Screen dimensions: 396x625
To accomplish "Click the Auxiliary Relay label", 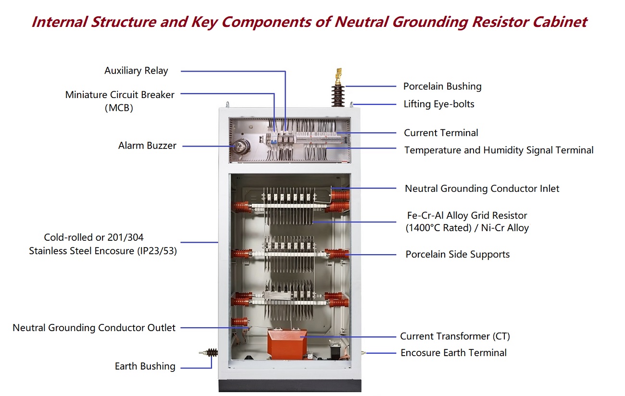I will pos(136,71).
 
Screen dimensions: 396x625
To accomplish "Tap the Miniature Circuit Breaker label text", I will pos(120,95).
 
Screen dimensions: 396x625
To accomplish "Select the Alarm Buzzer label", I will pos(147,146).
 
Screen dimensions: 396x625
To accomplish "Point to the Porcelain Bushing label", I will pos(442,87).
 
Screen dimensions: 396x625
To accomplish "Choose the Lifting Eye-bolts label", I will pos(438,104).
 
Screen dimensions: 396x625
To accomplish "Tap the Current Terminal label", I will pos(441,133).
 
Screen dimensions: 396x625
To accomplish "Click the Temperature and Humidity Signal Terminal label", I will pos(499,150).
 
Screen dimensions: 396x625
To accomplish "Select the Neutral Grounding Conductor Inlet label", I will pos(482,189).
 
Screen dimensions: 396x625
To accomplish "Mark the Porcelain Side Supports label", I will pos(457,255).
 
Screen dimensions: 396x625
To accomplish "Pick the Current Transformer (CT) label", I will pos(455,336).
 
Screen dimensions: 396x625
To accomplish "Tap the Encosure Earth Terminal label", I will pos(453,353).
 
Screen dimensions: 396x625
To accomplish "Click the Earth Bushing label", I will pos(145,367).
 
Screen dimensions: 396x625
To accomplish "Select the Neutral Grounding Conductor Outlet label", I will pos(94,328).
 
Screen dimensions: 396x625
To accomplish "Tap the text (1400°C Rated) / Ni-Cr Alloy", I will pos(467,228).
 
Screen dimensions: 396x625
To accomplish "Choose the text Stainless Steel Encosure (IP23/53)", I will pos(103,251).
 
